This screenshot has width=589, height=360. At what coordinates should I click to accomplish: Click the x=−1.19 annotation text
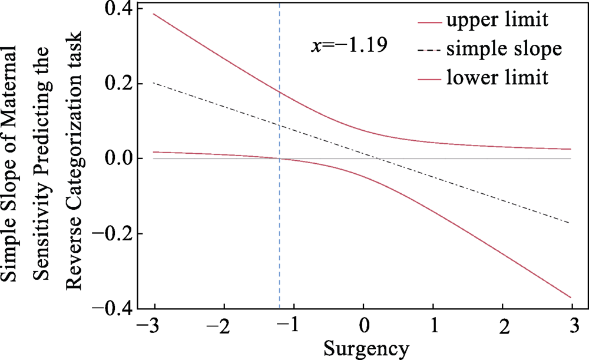click(349, 45)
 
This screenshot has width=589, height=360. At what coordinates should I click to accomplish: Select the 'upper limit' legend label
click(498, 21)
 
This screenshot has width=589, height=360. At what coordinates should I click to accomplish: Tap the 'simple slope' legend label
click(501, 49)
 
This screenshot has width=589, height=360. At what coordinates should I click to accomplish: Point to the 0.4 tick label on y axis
click(116, 9)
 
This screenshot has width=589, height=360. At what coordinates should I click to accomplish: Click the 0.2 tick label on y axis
click(116, 84)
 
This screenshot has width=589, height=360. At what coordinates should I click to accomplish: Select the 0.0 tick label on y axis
click(116, 159)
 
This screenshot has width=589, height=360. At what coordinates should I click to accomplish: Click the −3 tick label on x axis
click(150, 325)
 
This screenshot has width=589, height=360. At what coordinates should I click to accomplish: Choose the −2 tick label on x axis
click(220, 325)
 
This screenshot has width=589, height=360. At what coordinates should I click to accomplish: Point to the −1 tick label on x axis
click(289, 325)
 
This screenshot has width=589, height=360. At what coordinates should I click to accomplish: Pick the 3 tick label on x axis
click(572, 325)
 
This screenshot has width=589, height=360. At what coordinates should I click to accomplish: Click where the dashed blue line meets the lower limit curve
click(279, 158)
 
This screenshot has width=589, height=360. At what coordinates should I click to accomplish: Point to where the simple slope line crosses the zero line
click(379, 159)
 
